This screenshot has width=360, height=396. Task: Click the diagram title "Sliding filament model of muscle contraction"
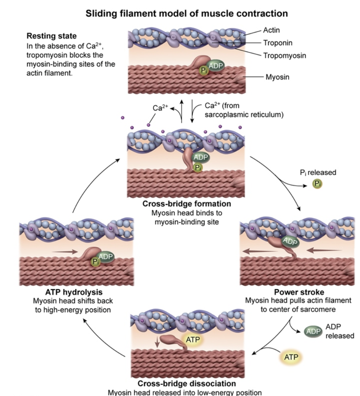(186, 14)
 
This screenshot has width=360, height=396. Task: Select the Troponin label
(277, 43)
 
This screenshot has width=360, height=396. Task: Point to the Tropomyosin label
(284, 56)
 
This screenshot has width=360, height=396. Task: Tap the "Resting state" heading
(51, 37)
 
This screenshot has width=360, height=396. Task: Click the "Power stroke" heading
(295, 293)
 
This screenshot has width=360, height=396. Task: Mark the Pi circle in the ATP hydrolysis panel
(95, 261)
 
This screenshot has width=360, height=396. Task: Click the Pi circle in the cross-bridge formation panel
(197, 167)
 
